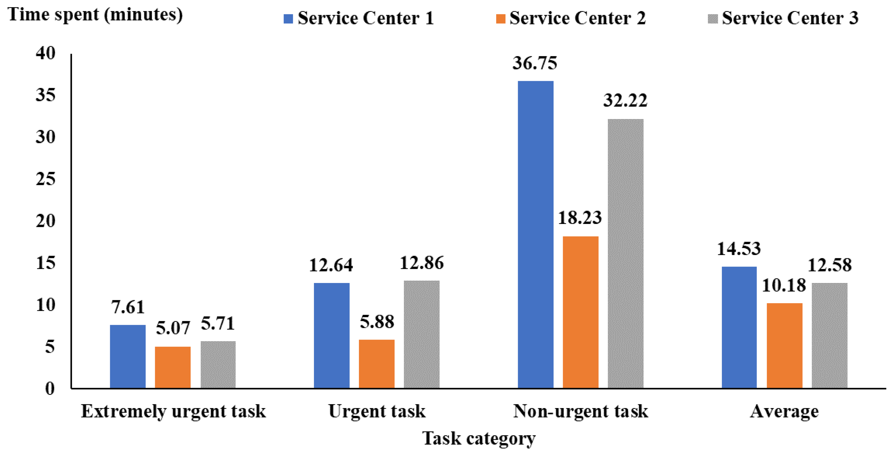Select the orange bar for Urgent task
tap(376, 364)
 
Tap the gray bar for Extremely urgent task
tap(218, 364)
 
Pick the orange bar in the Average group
tap(784, 345)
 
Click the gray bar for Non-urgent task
tap(625, 253)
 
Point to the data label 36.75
tap(535, 63)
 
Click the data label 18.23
tap(580, 218)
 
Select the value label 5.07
tap(173, 328)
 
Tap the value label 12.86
tap(421, 263)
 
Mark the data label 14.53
tap(739, 249)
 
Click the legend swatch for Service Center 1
tap(288, 19)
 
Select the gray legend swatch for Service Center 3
tap(713, 19)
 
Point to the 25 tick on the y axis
tap(45, 179)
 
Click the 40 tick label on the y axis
tap(45, 53)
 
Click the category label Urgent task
tap(376, 412)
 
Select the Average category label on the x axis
tap(784, 412)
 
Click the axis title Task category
tap(478, 439)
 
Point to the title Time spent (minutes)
tap(95, 15)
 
